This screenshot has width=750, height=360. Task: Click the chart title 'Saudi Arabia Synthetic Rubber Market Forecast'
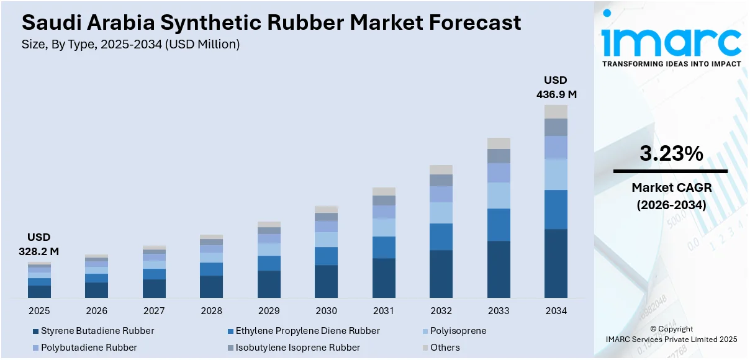point(271,23)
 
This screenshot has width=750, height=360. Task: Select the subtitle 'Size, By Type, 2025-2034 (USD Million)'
point(130,44)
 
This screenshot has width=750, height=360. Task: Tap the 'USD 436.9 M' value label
point(556,88)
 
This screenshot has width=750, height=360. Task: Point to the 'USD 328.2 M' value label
point(38,244)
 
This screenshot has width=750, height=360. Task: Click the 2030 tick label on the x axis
point(326,311)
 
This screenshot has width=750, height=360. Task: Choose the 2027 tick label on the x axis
point(154,311)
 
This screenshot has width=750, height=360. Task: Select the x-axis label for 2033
point(499,311)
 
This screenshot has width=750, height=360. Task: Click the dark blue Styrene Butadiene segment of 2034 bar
point(556,263)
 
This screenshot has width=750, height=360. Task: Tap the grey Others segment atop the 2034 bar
point(556,112)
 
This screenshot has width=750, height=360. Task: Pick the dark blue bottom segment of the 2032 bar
point(441,274)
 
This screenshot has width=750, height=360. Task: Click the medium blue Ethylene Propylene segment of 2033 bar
point(499,225)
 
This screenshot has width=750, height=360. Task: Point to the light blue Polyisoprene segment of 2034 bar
point(556,174)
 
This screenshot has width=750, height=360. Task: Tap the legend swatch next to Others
point(425,348)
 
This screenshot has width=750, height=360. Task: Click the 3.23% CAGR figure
point(671,154)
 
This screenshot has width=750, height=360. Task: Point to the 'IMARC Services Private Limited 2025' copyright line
point(671,340)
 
